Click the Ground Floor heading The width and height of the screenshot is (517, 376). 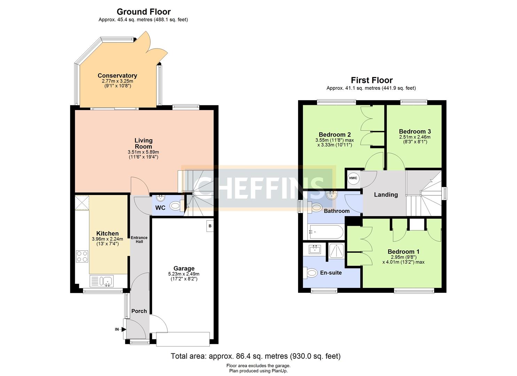coord(143,11)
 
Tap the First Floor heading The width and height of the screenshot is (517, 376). coord(371,80)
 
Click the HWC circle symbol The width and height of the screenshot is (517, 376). coord(353,178)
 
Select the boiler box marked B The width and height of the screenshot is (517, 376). coord(210,226)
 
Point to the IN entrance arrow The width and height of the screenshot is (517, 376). coord(124,329)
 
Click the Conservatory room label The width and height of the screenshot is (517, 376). coord(117,76)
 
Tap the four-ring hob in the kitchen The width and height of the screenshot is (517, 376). coord(82,256)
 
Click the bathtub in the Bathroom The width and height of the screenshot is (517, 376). coord(326,232)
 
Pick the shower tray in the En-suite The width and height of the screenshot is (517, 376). coord(336,251)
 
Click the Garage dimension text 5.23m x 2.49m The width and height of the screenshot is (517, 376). coord(184,274)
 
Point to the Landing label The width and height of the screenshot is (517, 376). coord(386,195)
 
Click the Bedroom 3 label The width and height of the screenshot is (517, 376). coord(415,131)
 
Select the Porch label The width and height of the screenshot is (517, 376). coord(139,311)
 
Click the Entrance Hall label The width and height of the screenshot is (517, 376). coord(139,240)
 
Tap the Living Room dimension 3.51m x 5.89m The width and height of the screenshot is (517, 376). coord(143,152)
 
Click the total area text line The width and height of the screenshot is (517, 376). coord(256,356)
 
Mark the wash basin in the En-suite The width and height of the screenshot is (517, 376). coord(315,250)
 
